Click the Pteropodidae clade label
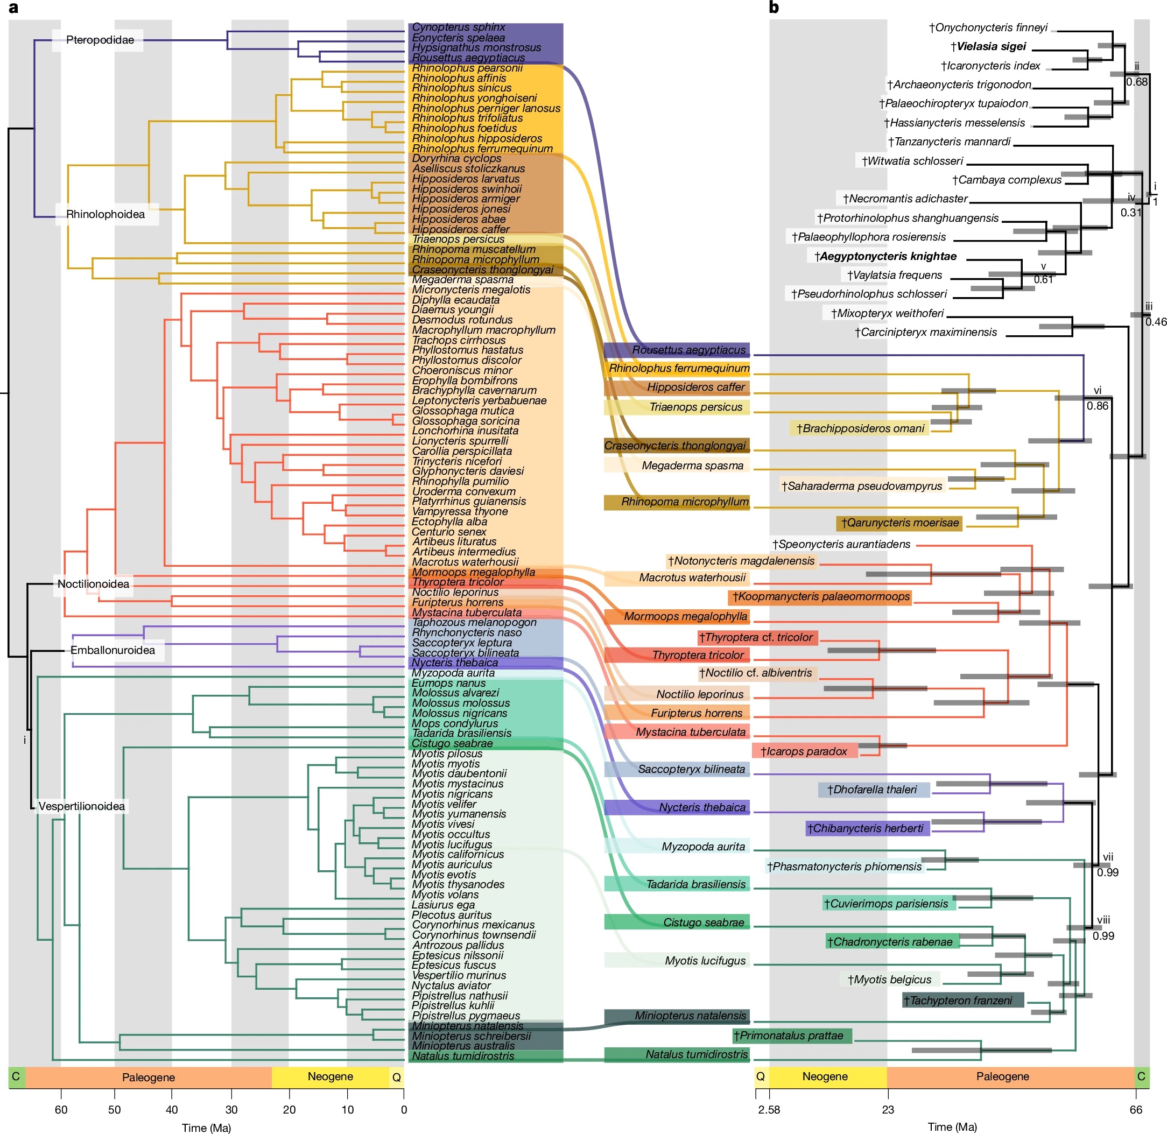point(100,40)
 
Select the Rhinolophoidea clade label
point(106,214)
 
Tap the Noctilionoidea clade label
point(93,583)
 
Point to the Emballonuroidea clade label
point(113,650)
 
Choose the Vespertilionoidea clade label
point(82,806)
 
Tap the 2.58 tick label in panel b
point(769,1109)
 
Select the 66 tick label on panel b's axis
point(1136,1109)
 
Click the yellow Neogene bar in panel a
point(330,1077)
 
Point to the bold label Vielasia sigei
point(988,46)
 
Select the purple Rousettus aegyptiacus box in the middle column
point(676,350)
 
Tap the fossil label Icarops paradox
point(804,751)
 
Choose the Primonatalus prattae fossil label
point(792,1036)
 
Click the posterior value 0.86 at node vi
point(1098,406)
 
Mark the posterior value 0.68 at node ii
point(1137,82)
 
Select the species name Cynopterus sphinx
point(459,27)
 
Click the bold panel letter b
point(774,8)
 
